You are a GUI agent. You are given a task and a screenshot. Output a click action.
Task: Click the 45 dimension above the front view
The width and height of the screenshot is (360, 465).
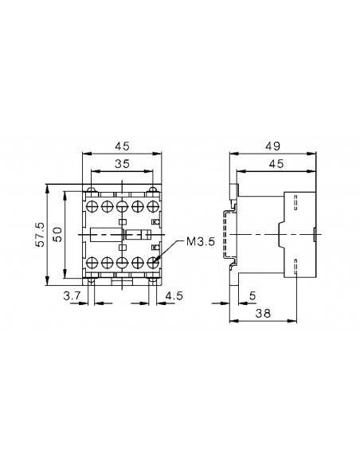(122, 147)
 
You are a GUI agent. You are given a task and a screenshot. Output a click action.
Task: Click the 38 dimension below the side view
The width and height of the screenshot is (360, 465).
(262, 314)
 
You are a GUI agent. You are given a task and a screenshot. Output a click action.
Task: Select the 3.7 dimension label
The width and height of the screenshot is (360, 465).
(72, 295)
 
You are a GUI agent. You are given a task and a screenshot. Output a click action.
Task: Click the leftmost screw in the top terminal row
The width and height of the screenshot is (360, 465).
(92, 205)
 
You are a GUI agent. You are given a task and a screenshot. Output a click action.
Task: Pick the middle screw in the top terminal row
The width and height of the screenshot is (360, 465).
(122, 205)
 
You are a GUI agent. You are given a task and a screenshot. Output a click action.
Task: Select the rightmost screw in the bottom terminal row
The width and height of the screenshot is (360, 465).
(152, 261)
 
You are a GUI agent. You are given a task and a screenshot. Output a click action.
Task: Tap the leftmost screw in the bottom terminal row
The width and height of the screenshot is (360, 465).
(92, 261)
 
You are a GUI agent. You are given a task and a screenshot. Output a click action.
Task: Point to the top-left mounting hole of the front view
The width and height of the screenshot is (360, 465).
(92, 190)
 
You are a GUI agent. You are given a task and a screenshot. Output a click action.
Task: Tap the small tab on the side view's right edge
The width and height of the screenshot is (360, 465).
(315, 235)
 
